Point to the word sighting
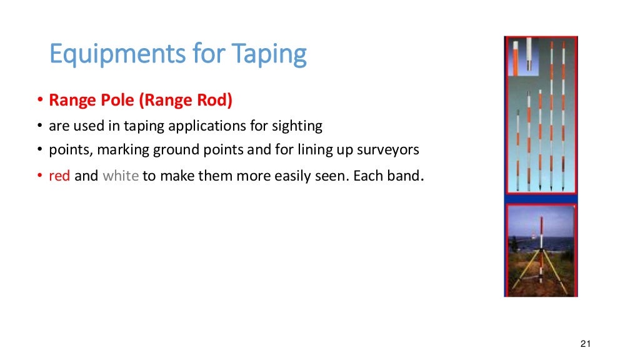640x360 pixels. click(x=297, y=126)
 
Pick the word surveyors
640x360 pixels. click(x=387, y=151)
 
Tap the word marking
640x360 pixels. click(x=116, y=151)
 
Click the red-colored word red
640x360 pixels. click(x=59, y=176)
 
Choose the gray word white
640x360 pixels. click(x=120, y=176)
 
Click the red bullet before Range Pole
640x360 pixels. click(x=39, y=101)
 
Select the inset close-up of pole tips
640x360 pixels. click(x=524, y=58)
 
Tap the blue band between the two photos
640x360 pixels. click(x=541, y=199)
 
